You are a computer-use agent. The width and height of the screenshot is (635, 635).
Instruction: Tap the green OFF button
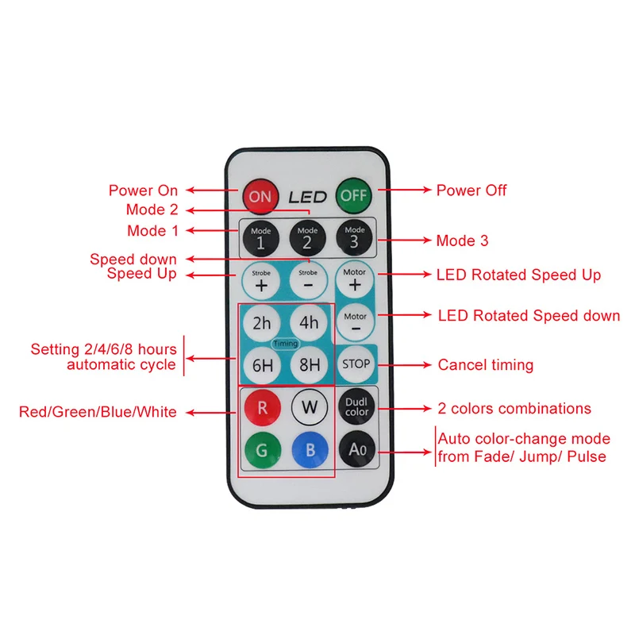355,195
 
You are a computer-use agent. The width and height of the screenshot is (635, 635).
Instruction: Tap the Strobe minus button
308,280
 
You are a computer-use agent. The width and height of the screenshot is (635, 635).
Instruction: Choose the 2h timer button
262,323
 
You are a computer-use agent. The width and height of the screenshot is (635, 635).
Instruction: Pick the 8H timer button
308,366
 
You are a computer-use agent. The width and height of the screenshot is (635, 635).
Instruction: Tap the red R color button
262,409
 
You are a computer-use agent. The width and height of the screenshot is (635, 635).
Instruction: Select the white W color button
308,409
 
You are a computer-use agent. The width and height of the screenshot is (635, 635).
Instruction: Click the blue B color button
308,452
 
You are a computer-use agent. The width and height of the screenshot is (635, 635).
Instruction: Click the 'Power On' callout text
143,190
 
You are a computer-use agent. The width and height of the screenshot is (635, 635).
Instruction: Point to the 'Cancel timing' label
486,365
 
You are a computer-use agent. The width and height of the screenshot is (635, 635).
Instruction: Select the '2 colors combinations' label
514,409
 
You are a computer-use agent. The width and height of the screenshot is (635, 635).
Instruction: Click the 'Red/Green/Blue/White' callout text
98,412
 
